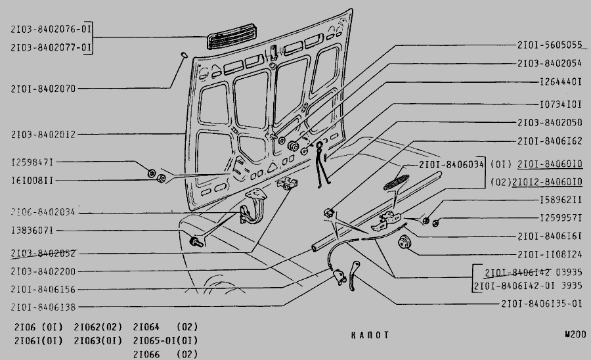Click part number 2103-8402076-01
tap(51, 30)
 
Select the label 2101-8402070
tap(43, 87)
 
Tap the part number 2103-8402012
tap(43, 135)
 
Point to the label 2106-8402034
tap(43, 212)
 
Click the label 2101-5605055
tap(550, 45)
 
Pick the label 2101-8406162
tap(550, 141)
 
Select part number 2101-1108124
tap(550, 254)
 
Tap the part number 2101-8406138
tap(43, 307)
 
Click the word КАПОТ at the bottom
tap(370, 335)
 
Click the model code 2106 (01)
tap(38, 326)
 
